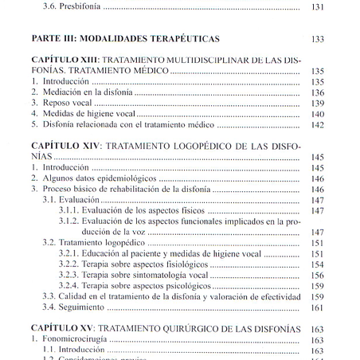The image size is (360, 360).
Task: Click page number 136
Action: (x=316, y=92)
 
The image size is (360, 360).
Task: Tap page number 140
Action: (x=316, y=114)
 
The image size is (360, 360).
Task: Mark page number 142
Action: (x=316, y=125)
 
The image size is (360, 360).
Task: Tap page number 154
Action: (x=316, y=264)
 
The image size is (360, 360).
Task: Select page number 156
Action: (x=316, y=275)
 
